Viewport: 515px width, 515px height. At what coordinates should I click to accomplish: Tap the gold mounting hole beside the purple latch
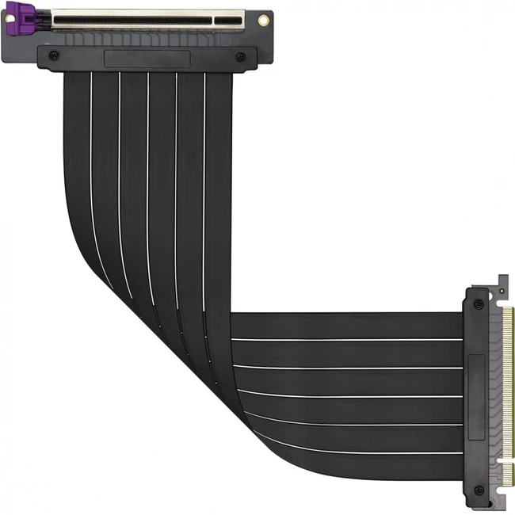[10, 17]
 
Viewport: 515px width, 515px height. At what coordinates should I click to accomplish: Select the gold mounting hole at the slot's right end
[263, 20]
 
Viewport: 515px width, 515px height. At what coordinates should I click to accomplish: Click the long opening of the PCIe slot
[132, 16]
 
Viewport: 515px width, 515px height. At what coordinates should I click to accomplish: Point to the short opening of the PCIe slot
[228, 16]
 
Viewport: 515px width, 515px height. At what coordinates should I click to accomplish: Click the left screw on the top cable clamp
[53, 55]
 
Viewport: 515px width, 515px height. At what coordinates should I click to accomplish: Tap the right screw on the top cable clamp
[240, 56]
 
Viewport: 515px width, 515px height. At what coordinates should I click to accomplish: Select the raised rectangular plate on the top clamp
[147, 59]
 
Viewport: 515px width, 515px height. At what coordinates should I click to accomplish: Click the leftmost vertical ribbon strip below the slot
[77, 158]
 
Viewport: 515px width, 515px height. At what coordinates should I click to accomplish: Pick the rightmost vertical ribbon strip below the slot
[219, 158]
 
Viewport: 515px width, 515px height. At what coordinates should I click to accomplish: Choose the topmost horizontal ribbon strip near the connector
[349, 325]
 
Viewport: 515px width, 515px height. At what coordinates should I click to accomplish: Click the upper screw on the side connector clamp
[478, 304]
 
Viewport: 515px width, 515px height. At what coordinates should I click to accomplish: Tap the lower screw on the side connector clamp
[478, 490]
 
